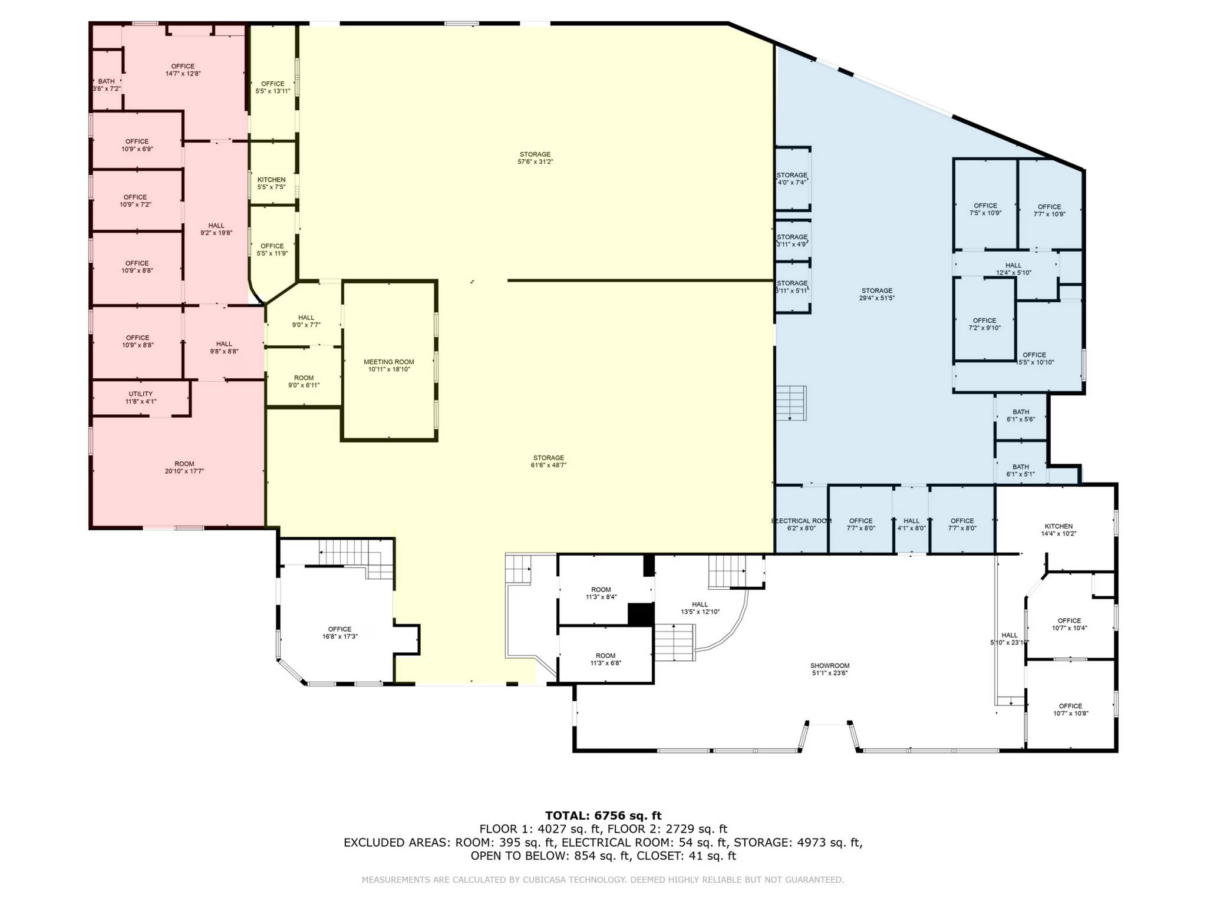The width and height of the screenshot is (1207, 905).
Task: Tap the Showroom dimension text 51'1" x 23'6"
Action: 829,673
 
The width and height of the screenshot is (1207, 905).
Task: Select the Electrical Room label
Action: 802,521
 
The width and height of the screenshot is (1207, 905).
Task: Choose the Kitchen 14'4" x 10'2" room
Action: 1058,530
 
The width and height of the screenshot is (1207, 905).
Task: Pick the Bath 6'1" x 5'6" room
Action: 1021,415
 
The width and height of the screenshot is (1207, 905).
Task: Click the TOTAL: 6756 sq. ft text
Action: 603,815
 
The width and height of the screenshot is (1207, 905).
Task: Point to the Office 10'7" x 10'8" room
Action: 1070,709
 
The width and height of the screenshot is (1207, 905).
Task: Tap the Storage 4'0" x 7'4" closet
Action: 792,179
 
